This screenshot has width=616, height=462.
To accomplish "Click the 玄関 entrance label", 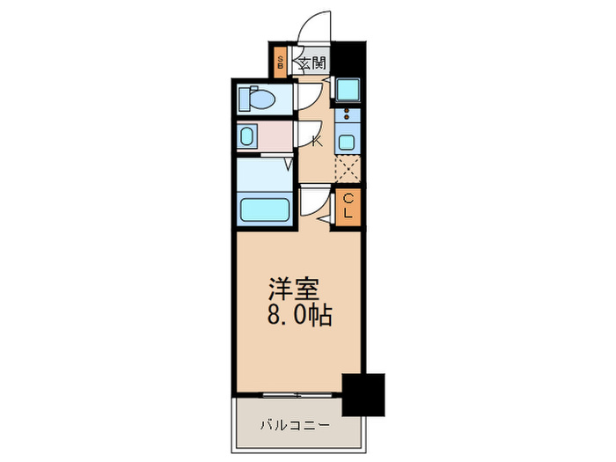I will [x=311, y=63].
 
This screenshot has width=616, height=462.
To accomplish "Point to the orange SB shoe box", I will [x=280, y=62].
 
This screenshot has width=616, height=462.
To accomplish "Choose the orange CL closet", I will [x=348, y=206].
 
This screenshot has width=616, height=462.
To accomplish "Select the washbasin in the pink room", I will [x=247, y=136].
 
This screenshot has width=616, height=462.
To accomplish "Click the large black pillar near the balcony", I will [x=363, y=394].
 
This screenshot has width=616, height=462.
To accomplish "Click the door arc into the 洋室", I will [x=313, y=202].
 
